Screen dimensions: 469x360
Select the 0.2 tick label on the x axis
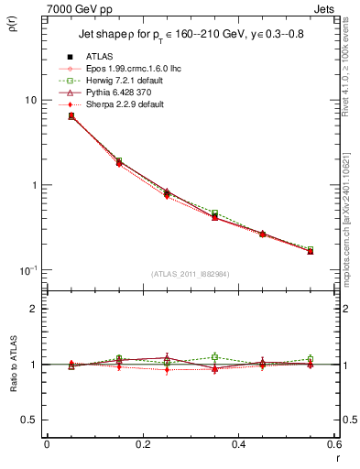click(x=143, y=445)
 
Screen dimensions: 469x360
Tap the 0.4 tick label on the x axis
click(x=239, y=445)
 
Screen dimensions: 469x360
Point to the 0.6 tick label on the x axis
click(x=335, y=445)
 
